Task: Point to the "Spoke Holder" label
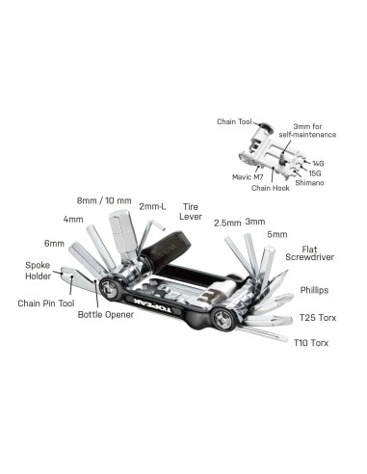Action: click(x=39, y=271)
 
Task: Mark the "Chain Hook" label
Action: click(x=271, y=188)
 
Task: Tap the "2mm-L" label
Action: click(x=154, y=206)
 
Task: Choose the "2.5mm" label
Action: click(x=227, y=222)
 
